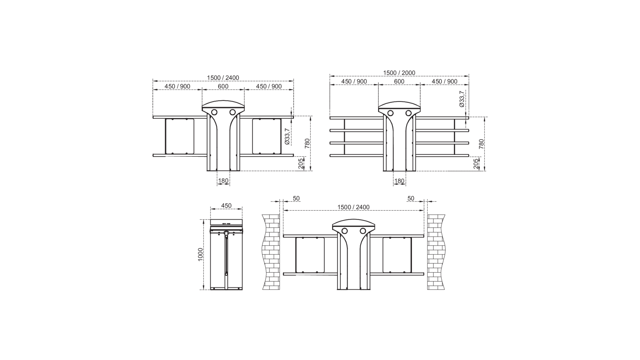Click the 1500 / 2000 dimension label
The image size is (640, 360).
point(399,73)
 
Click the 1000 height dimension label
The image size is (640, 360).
point(201,254)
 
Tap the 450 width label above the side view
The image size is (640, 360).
point(226,206)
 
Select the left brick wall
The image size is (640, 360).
point(271,252)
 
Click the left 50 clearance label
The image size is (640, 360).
point(296,198)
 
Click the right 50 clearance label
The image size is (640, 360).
point(411,198)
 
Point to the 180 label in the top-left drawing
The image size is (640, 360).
point(223,181)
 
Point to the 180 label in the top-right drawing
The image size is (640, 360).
point(399,181)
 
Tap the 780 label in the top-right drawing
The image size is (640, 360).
point(481,144)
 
